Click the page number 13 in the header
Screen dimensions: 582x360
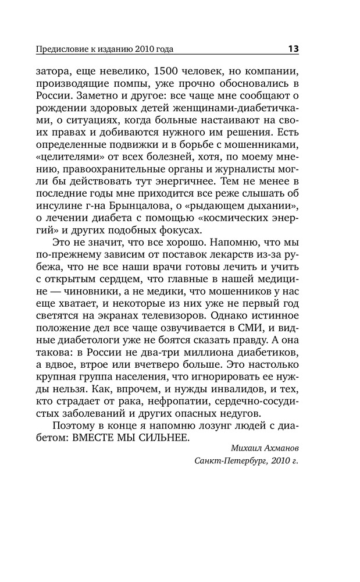coord(293,49)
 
